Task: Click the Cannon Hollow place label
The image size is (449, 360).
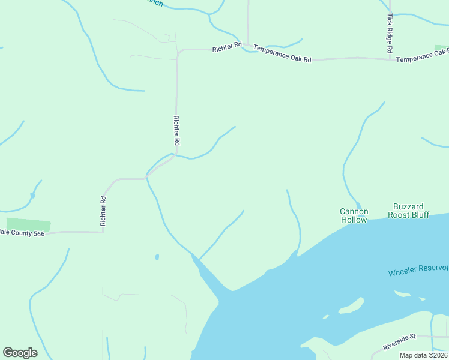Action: [x=354, y=215]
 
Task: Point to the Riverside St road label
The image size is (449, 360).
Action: [x=400, y=343]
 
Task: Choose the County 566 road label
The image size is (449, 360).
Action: [x=23, y=233]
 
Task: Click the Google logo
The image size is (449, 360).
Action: [x=20, y=353]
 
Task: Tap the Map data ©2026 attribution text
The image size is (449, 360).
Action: [x=423, y=355]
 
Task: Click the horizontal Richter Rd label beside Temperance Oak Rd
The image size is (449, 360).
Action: [x=227, y=46]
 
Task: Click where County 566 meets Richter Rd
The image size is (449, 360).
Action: [x=103, y=232]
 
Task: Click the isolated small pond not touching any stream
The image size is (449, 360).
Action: [x=157, y=257]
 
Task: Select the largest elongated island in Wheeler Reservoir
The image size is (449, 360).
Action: [x=352, y=307]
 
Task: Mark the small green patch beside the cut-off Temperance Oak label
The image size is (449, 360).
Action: [x=441, y=47]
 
